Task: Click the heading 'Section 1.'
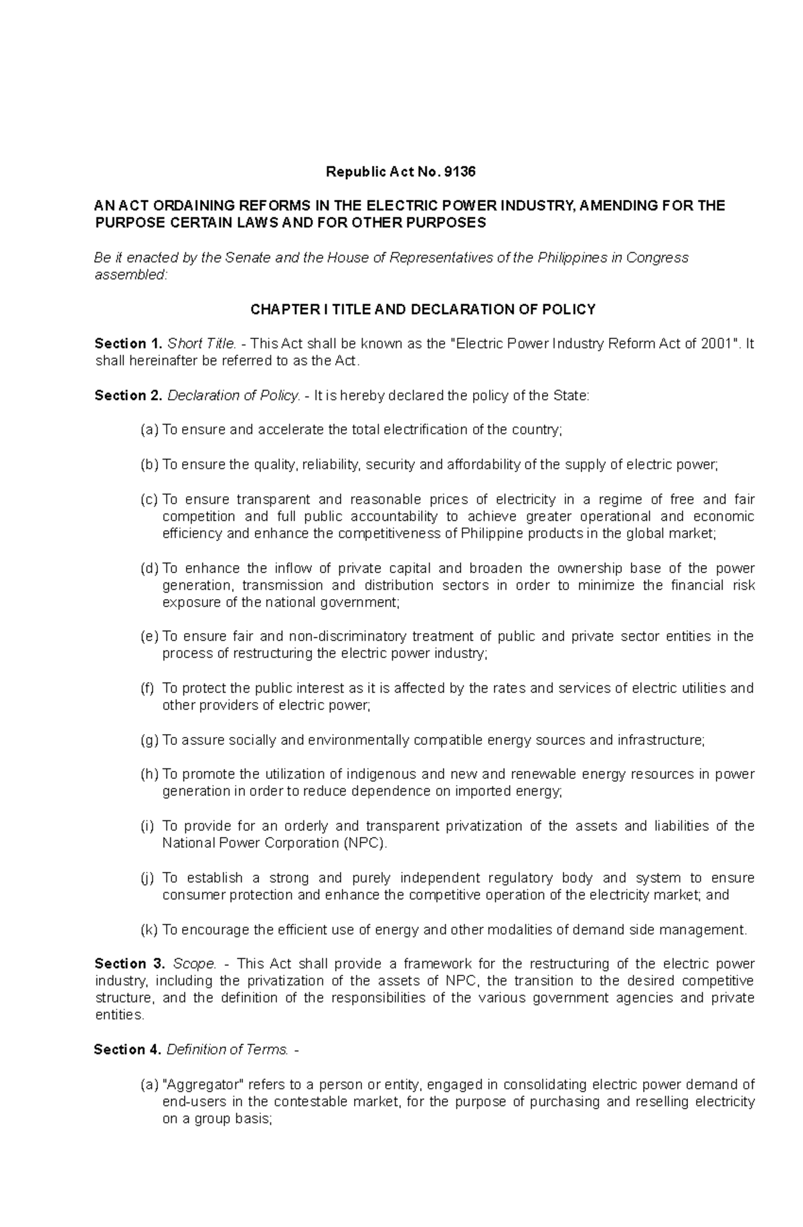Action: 128,344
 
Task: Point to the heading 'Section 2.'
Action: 128,396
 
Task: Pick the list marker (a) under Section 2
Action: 149,430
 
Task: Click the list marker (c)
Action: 149,499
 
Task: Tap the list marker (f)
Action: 148,688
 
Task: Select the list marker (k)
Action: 149,930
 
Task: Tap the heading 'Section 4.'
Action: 128,1050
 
